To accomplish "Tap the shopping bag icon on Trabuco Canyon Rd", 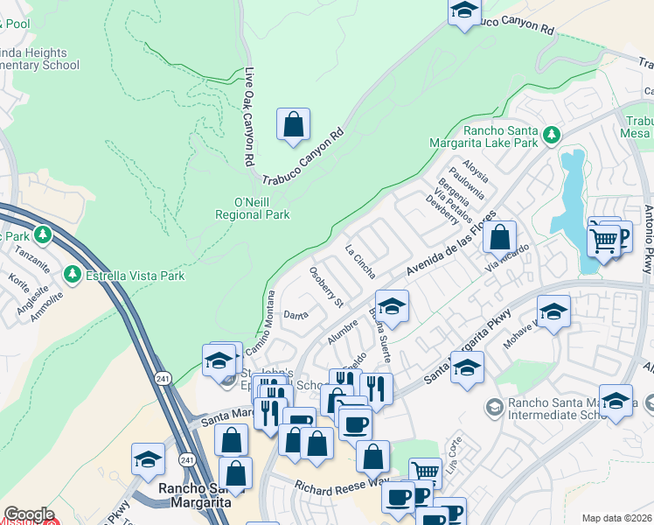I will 294,125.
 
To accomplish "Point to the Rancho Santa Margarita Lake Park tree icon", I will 551,134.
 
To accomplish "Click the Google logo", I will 29,514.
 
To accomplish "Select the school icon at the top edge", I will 464,10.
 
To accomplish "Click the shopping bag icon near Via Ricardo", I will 499,237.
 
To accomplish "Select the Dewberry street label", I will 442,210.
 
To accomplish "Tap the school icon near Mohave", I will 553,312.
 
